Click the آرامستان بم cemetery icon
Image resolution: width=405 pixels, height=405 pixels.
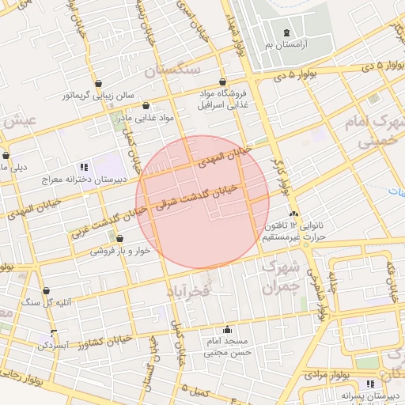coord(286,32)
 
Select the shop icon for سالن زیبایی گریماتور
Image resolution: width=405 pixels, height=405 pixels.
coord(98,83)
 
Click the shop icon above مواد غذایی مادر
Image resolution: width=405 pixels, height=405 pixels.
coord(146,105)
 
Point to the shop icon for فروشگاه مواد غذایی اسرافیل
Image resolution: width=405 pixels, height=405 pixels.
coord(223,81)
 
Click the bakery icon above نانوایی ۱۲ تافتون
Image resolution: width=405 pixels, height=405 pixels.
coord(294,214)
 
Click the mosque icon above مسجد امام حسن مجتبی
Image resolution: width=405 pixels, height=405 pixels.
coord(228,329)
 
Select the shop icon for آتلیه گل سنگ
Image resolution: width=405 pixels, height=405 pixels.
coord(47,290)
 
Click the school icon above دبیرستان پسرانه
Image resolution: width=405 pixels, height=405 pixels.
coord(370,384)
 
